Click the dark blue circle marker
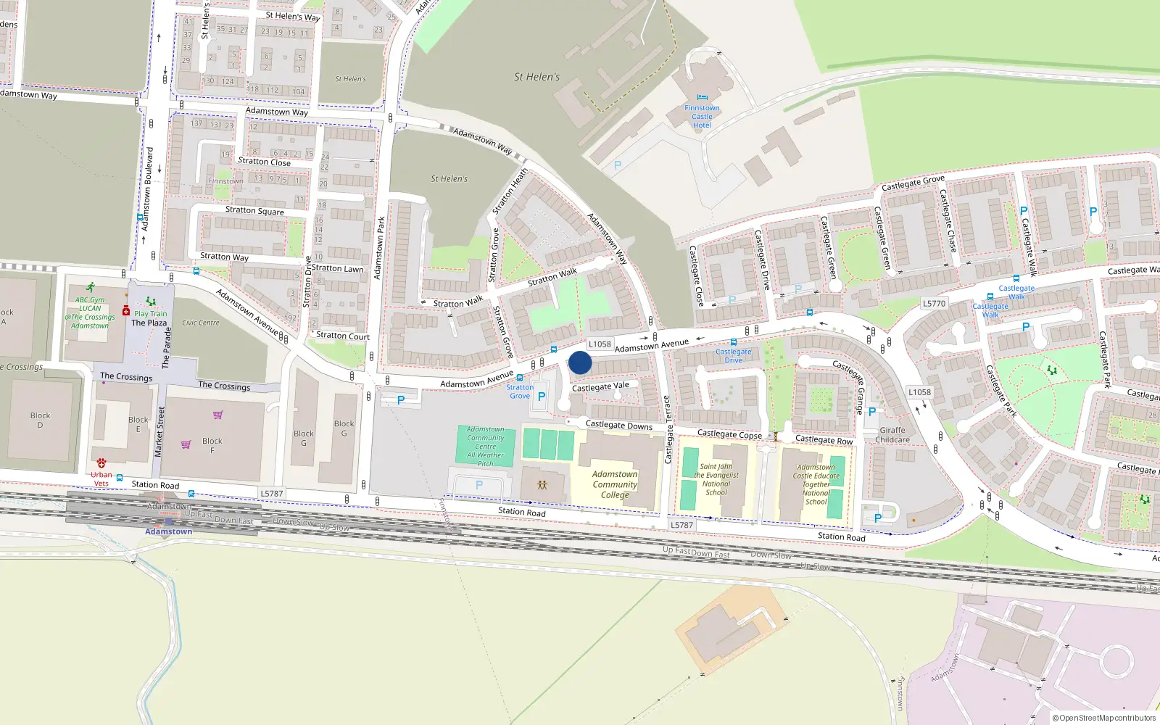[580, 362]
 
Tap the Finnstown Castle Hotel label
[702, 117]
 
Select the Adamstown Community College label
[615, 484]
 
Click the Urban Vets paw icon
[101, 463]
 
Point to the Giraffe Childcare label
[892, 435]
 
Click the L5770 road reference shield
[934, 304]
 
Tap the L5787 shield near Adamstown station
[271, 494]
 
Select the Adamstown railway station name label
[168, 531]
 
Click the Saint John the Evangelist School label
[716, 480]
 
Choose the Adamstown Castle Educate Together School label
[816, 484]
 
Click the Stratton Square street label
[254, 210]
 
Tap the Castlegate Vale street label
[600, 387]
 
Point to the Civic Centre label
[201, 323]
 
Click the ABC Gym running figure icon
[90, 288]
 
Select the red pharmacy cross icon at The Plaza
[125, 310]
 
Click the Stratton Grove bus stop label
[520, 391]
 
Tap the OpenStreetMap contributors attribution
[1104, 718]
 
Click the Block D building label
[40, 420]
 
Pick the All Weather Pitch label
[485, 460]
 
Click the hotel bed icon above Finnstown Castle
[702, 97]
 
